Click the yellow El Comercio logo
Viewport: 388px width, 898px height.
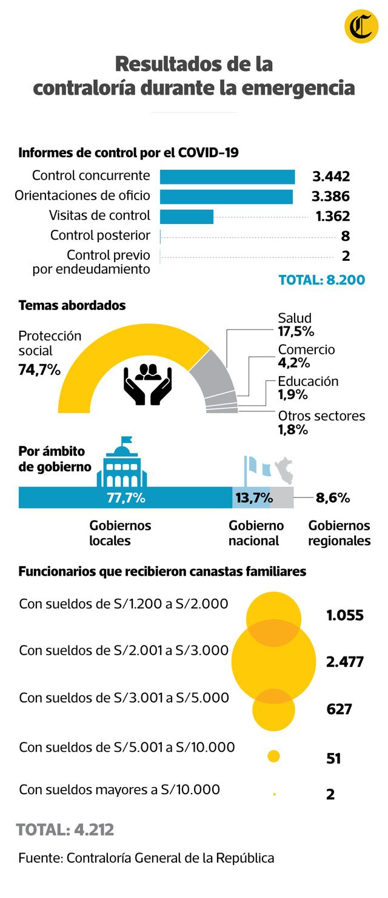[x=361, y=27]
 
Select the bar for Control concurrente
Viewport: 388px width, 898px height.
[x=227, y=177]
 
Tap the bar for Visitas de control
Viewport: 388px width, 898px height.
[x=187, y=217]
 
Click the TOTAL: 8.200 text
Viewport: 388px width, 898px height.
[x=321, y=280]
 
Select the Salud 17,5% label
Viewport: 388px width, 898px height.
[x=296, y=325]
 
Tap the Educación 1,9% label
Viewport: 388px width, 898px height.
[x=307, y=388]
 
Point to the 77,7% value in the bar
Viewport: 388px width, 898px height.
[x=125, y=498]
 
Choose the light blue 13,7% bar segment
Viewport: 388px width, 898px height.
[x=252, y=498]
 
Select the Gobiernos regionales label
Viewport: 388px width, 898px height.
[x=339, y=533]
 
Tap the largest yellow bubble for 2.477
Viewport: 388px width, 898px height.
[x=274, y=661]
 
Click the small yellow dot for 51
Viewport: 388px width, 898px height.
[x=273, y=756]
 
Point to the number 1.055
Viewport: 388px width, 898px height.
[x=344, y=615]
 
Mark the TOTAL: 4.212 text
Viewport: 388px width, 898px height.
[x=65, y=829]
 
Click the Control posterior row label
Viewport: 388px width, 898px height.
[x=100, y=235]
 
